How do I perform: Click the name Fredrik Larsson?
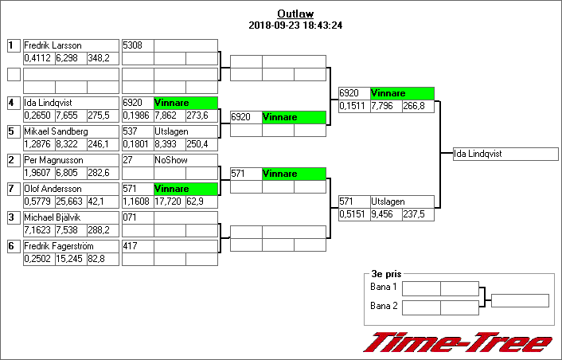click(53, 45)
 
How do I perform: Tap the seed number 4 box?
click(14, 103)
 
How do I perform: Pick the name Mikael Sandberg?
click(56, 131)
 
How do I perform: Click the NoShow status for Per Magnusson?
click(170, 160)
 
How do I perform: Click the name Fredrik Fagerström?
click(58, 246)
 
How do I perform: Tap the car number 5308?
click(132, 45)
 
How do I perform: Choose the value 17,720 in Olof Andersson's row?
click(168, 202)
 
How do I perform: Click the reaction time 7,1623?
click(38, 230)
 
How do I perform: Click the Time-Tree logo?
click(457, 342)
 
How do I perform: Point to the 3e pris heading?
click(385, 273)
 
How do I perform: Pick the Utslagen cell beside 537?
click(170, 131)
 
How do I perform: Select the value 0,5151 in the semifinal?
click(353, 214)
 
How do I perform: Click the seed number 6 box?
click(14, 246)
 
